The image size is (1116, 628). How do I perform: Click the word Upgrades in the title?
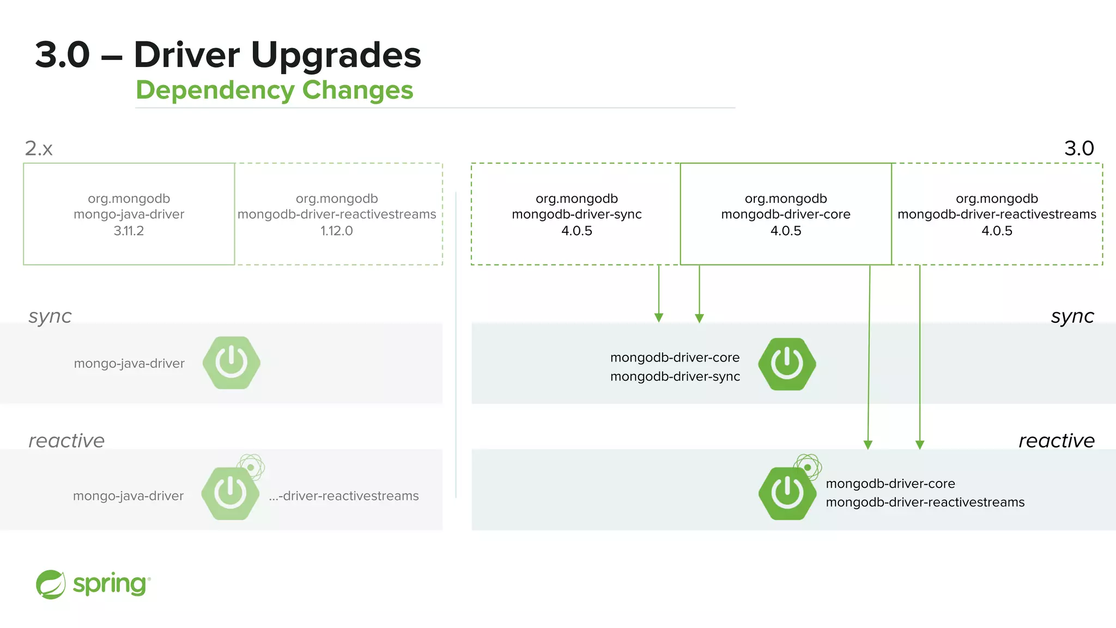tap(336, 56)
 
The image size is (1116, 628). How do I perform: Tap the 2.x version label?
tap(39, 148)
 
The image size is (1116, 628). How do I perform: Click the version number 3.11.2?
tap(129, 231)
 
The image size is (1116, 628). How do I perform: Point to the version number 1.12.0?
tap(336, 231)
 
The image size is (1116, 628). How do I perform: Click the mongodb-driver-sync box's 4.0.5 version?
tap(577, 231)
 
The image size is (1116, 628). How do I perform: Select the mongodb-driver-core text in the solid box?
tap(785, 214)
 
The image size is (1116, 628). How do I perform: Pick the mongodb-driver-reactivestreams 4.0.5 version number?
tap(997, 231)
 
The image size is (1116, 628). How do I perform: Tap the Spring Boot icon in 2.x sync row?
tap(232, 363)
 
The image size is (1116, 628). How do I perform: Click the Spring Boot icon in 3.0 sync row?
tap(787, 364)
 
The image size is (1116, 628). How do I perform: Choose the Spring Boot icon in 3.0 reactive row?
tap(787, 493)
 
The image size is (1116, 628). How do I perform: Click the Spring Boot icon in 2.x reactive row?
tap(231, 493)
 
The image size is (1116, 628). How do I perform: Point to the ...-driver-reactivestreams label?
tap(344, 496)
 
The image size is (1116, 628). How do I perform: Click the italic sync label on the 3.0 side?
tap(1072, 316)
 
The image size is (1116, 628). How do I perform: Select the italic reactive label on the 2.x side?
tap(66, 440)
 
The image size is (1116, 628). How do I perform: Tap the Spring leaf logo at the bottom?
tap(51, 584)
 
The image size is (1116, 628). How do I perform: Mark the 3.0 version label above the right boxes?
tap(1079, 148)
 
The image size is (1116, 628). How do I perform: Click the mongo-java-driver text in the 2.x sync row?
tap(129, 364)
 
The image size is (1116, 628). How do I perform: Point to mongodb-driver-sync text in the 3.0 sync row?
tap(675, 376)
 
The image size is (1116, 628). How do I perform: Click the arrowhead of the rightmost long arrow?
tap(920, 445)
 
